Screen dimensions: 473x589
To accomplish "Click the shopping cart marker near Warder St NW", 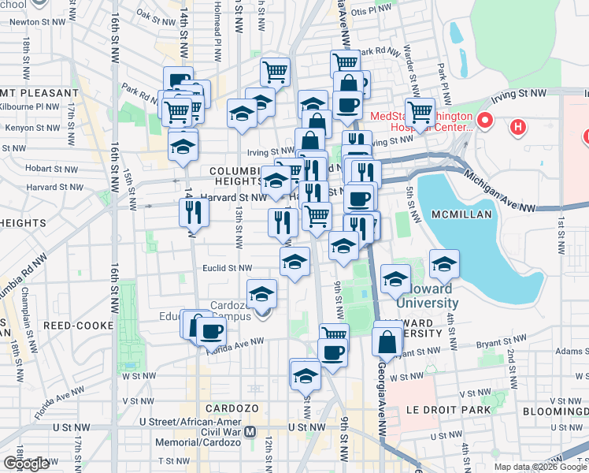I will pyautogui.click(x=420, y=111).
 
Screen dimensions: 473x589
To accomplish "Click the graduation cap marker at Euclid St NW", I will pyautogui.click(x=294, y=261).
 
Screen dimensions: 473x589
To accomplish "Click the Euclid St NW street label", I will pyautogui.click(x=228, y=268).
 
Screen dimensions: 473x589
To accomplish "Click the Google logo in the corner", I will pyautogui.click(x=26, y=463).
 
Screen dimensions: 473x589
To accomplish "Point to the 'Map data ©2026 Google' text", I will pyautogui.click(x=539, y=467).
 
